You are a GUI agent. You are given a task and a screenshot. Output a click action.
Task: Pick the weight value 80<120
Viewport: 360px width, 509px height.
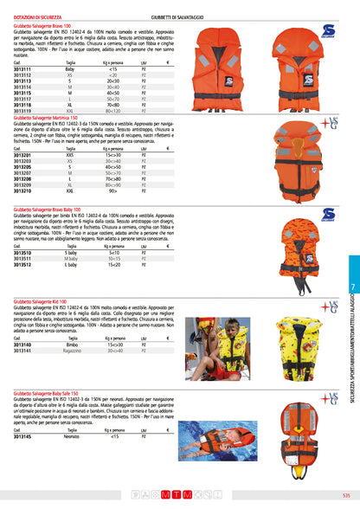[113, 111]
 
